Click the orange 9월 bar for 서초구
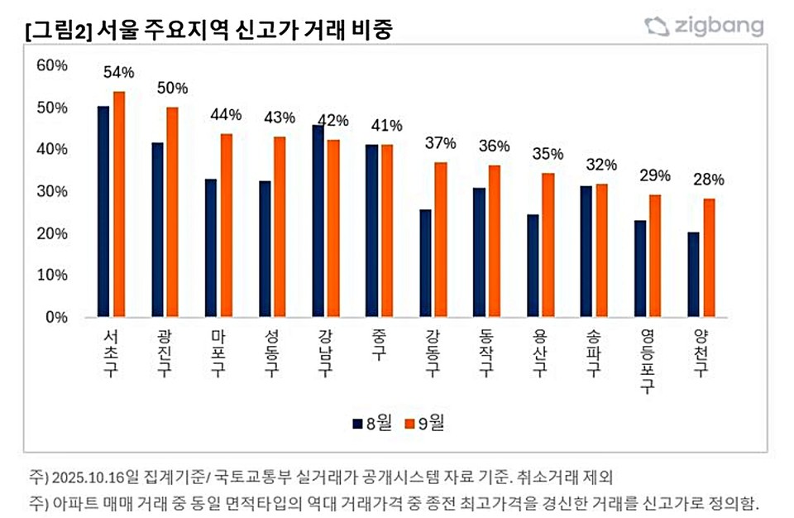point(119,204)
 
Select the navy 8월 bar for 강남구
point(318,221)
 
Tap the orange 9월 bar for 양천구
point(709,257)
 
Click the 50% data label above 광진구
point(173,89)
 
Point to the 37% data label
point(441,143)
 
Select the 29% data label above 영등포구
point(656,175)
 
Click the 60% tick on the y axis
point(51,65)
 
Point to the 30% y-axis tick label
point(51,191)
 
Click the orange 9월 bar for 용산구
point(548,245)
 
